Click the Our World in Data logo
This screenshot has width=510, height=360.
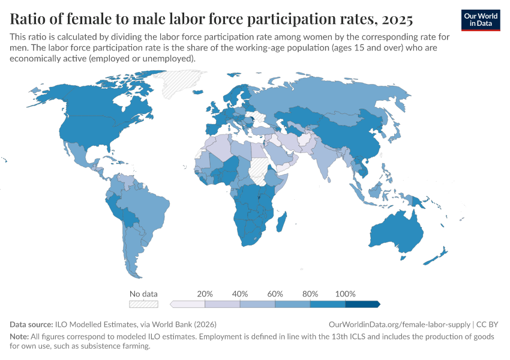(481, 20)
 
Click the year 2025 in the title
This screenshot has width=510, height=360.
(395, 20)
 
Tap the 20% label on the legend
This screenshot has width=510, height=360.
(205, 294)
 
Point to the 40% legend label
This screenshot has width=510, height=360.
(240, 294)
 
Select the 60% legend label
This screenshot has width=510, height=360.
(275, 294)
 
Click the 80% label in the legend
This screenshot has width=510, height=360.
(310, 294)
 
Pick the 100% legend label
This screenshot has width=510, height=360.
(345, 294)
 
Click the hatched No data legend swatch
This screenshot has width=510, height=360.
(143, 304)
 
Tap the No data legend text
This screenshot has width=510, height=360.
(143, 294)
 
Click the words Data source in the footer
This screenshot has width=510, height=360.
(31, 324)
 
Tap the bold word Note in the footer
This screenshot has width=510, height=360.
(19, 337)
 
